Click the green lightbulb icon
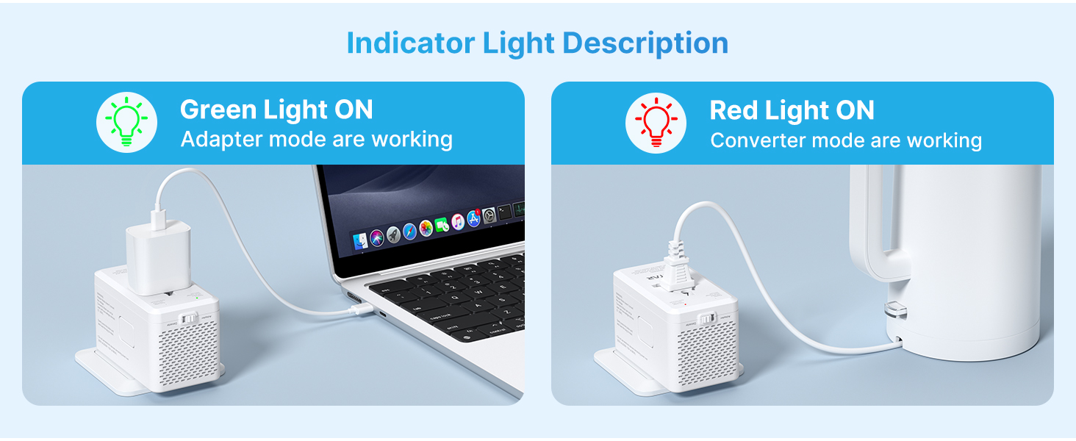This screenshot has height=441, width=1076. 127,122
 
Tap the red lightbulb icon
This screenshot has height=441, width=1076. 656,122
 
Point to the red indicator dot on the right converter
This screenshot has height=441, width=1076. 685,303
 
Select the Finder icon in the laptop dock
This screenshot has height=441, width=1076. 361,240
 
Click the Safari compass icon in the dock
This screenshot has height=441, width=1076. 409,232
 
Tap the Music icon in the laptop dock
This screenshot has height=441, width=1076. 458,222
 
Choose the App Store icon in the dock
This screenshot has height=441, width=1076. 474,219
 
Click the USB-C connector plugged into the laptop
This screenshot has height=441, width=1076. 360,310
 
